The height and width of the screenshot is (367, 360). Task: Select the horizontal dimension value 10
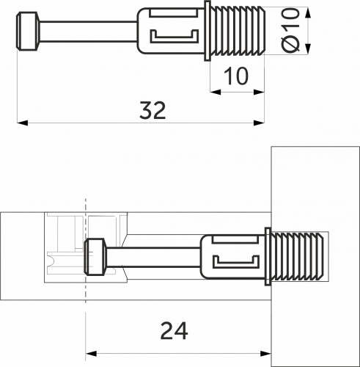(238, 76)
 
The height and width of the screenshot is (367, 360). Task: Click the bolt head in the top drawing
(27, 32)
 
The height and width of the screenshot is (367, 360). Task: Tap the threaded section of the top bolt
(238, 32)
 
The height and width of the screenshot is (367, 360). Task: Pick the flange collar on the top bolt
(208, 32)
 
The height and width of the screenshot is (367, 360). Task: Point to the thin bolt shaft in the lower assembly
(154, 257)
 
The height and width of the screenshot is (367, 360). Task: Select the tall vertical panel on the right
(314, 183)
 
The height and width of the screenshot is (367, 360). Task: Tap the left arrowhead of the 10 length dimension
(215, 92)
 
